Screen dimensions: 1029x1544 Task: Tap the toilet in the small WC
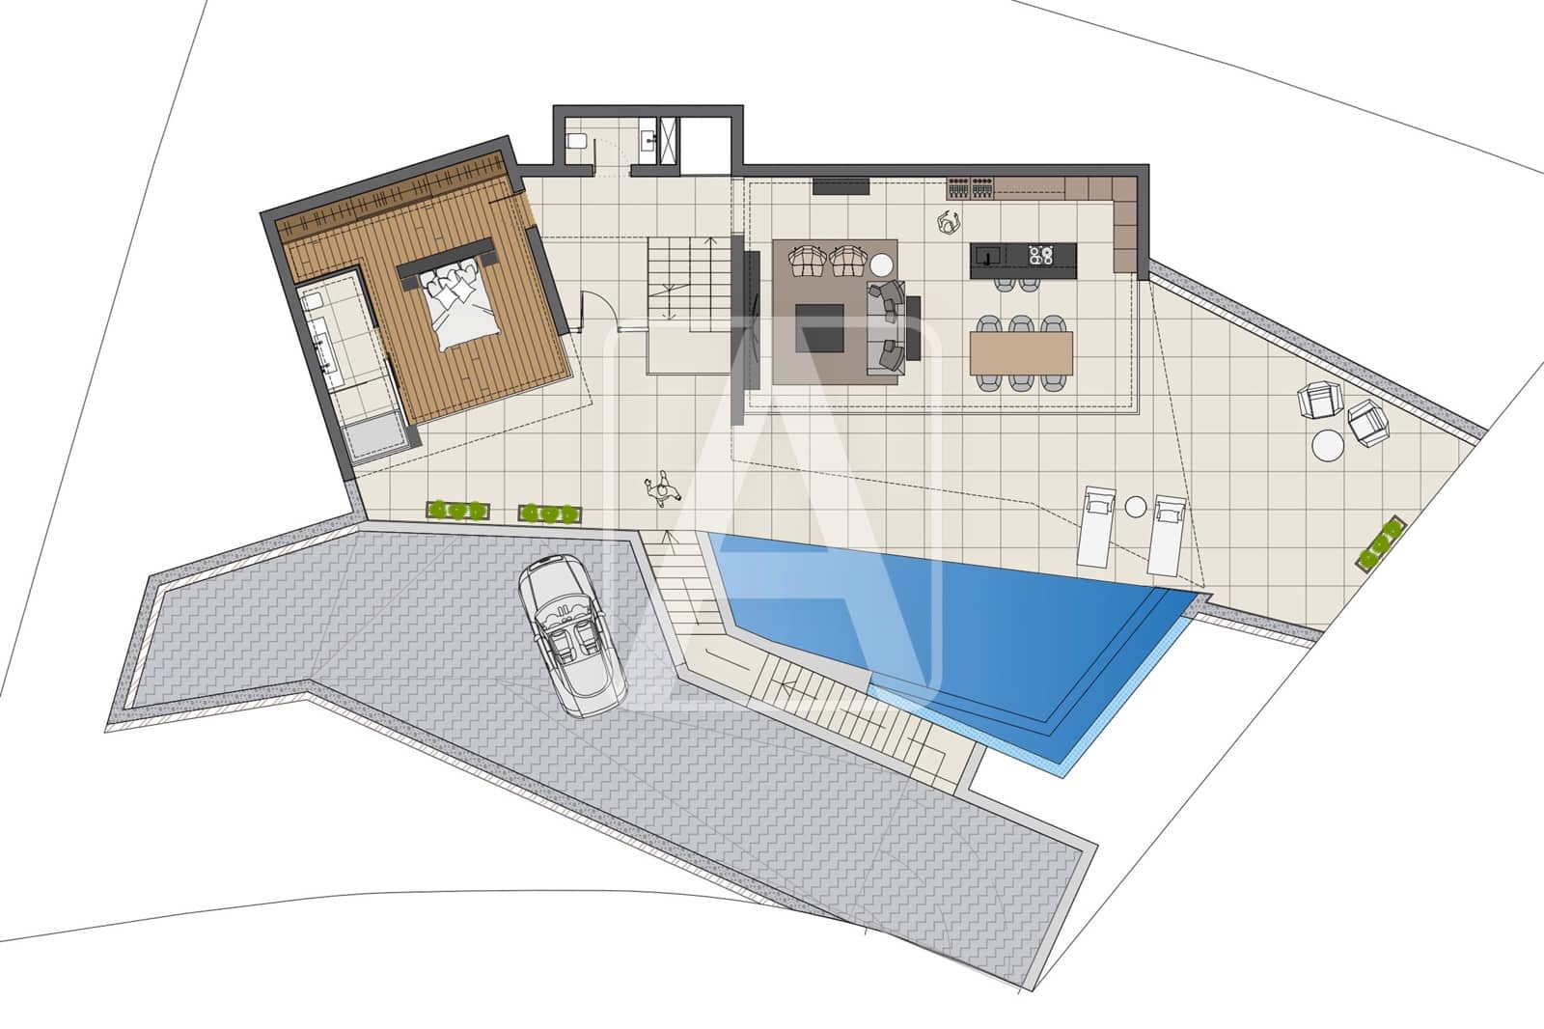[576, 142]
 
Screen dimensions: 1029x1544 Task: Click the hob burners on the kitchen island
[1040, 256]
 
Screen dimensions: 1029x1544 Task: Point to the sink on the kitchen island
[986, 256]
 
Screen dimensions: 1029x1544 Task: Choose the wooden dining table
[1021, 352]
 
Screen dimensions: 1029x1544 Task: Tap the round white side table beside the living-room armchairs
[881, 264]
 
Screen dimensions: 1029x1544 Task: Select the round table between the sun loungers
[1136, 507]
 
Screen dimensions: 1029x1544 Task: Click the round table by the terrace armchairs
[1327, 445]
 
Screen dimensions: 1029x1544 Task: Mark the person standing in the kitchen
[949, 222]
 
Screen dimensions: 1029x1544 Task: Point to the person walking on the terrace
[662, 490]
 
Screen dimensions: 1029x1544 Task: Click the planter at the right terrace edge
[1382, 544]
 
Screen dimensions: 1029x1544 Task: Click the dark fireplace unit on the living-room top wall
[841, 186]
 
